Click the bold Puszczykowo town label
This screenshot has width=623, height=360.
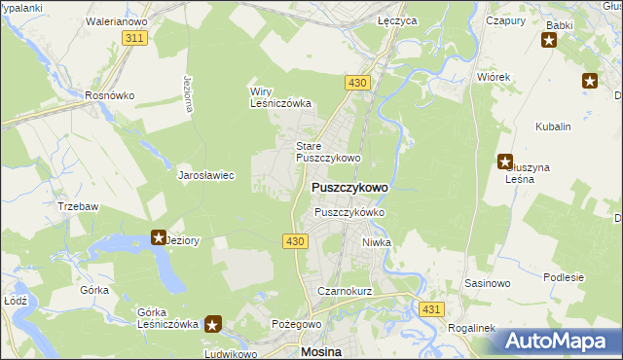point(349,187)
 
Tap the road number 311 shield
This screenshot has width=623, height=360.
point(135,37)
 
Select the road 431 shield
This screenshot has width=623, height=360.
point(432,308)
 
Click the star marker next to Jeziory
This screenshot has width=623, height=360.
point(159,237)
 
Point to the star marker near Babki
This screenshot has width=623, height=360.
point(549,41)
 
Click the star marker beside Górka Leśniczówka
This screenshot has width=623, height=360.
point(214,324)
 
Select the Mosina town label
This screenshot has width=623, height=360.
point(326,350)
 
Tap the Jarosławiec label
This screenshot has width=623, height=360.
point(205,176)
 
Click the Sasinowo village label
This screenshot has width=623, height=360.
point(487,284)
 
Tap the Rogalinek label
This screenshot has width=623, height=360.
point(472,328)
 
